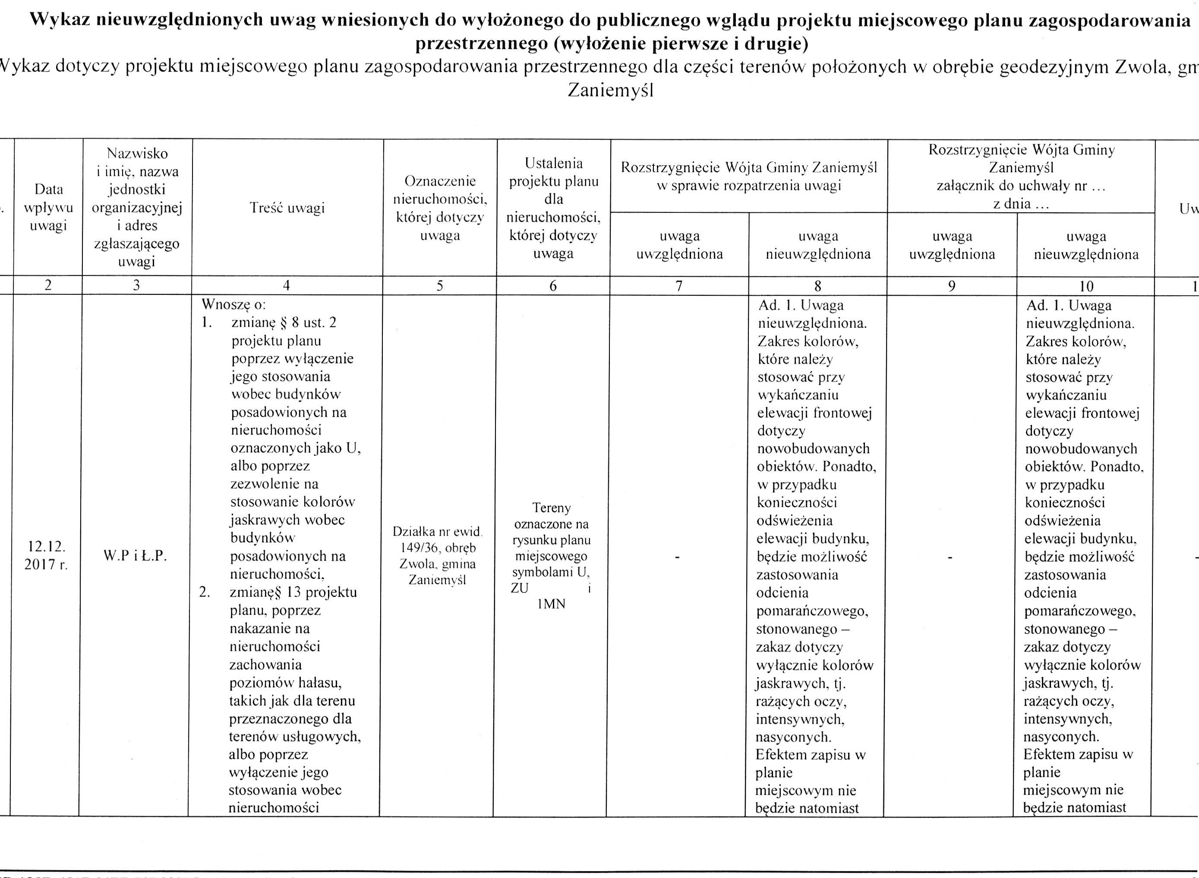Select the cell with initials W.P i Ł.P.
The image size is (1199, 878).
coord(136,556)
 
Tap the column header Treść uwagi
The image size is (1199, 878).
coord(287,208)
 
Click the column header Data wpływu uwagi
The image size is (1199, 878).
coord(48,207)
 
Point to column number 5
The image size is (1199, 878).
coord(439,286)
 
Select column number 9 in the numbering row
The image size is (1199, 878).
coord(951,286)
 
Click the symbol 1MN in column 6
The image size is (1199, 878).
coord(551,604)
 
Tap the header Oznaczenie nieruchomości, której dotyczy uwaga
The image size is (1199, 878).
coord(440,208)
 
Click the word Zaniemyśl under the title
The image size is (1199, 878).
coord(610,90)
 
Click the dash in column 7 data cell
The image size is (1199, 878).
coord(678,557)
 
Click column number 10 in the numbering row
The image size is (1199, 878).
coord(1086,286)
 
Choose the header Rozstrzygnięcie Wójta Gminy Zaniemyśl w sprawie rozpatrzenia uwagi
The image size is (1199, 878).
coord(749,177)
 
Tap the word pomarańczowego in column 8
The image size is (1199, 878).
coord(812,611)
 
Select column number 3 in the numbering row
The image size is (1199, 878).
coord(136,286)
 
